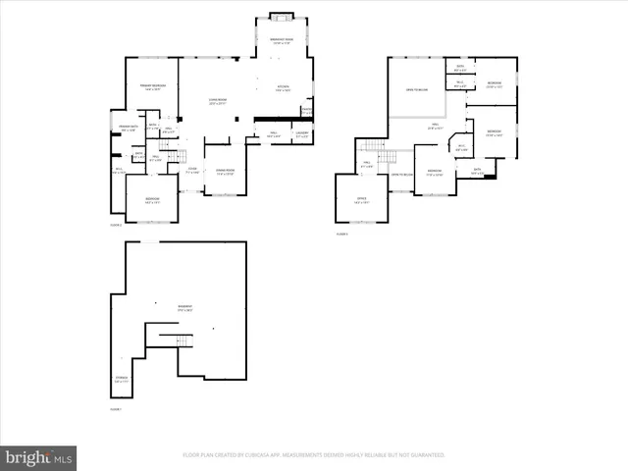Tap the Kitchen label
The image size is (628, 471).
click(x=282, y=89)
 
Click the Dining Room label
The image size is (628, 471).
click(x=225, y=172)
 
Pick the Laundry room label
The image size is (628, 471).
click(x=302, y=134)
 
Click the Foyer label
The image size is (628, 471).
click(x=192, y=171)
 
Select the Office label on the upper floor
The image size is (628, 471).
click(x=360, y=202)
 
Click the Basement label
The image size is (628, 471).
click(x=184, y=308)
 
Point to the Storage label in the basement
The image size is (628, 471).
click(x=120, y=381)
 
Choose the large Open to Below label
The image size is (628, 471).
click(x=416, y=90)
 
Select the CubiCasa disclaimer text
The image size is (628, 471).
click(x=314, y=455)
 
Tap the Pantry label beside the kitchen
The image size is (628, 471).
click(x=306, y=111)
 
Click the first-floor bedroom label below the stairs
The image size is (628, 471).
click(x=152, y=200)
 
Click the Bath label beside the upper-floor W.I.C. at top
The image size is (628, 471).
click(x=459, y=83)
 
